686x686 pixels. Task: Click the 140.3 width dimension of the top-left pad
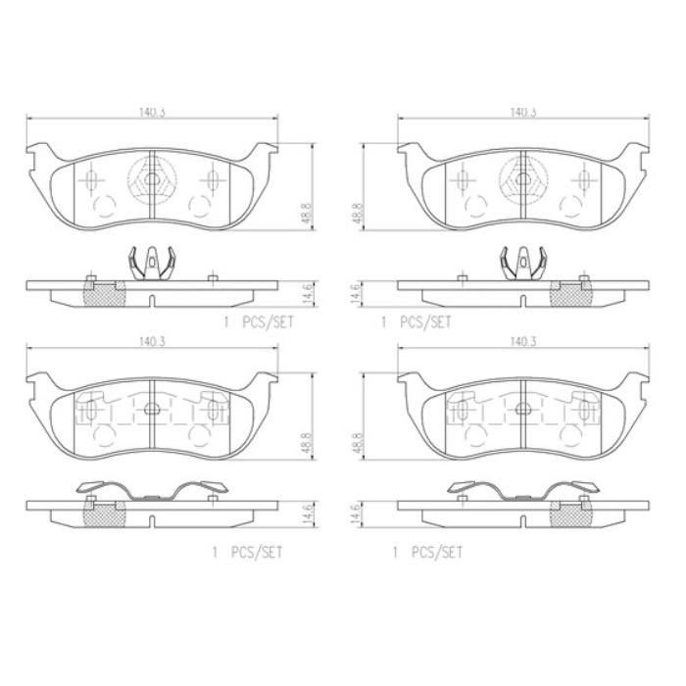click(151, 113)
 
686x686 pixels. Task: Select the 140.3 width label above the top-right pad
click(523, 113)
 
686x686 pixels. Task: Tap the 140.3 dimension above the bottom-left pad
click(151, 342)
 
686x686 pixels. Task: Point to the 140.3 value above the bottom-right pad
click(523, 342)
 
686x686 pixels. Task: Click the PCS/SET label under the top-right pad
click(426, 321)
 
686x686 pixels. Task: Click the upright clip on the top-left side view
click(151, 263)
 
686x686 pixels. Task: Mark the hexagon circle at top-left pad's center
click(151, 179)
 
